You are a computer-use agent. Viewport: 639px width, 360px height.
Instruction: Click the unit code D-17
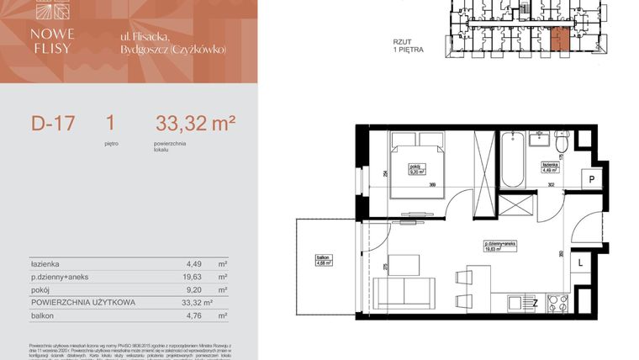(x=54, y=124)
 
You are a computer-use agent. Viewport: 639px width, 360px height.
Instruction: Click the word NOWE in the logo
(x=52, y=34)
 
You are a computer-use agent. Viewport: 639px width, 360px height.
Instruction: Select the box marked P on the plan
(x=591, y=180)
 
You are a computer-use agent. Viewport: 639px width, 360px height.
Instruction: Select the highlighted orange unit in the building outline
(x=558, y=39)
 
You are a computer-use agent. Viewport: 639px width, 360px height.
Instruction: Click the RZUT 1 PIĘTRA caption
(x=408, y=45)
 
